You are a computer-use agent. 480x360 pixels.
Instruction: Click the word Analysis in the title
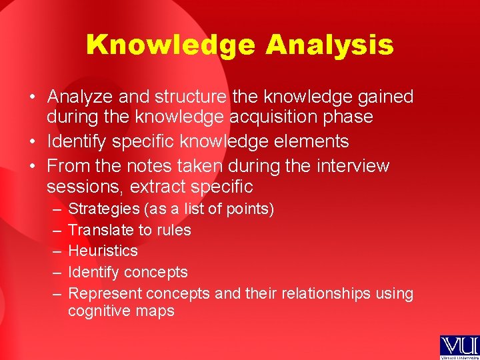[329, 45]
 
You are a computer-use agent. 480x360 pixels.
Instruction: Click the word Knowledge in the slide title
[170, 45]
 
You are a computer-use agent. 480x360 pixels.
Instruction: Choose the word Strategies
[103, 209]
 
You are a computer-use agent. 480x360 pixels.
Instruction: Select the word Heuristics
[103, 251]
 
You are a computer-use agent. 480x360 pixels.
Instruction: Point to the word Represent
[105, 294]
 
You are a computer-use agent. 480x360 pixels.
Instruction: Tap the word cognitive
[97, 311]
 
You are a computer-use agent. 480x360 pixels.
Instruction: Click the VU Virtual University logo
[459, 347]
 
